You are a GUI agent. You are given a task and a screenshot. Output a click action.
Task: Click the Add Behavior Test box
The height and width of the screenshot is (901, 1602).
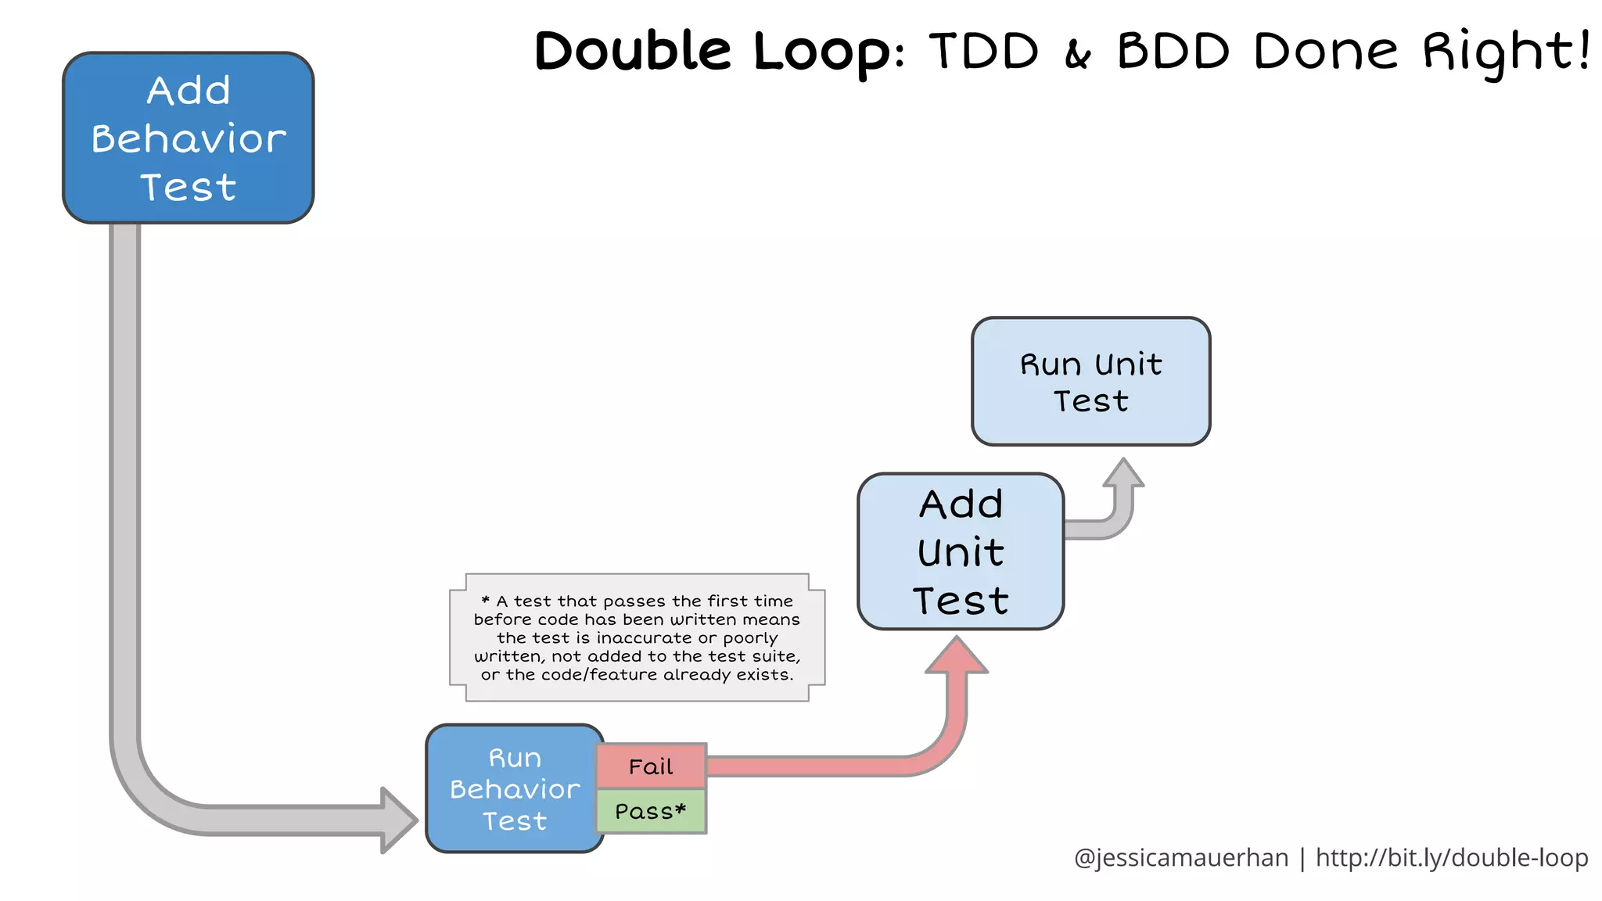(x=188, y=138)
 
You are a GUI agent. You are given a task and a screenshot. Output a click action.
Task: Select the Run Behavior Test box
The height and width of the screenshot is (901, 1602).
(x=514, y=788)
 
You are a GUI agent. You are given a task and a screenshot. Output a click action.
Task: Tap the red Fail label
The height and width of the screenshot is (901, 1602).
(x=651, y=766)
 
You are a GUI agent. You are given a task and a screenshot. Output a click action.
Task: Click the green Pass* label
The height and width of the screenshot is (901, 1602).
(x=651, y=811)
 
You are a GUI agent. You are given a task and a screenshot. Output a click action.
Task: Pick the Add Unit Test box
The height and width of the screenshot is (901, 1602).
(x=961, y=551)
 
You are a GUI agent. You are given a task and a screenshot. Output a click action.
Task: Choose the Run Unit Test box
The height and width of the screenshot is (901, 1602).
(x=1090, y=382)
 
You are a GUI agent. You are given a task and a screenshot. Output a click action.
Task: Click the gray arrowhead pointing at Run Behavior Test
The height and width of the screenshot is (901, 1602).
(x=399, y=820)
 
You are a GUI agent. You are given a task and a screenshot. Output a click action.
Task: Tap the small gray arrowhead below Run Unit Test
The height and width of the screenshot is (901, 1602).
(x=1124, y=473)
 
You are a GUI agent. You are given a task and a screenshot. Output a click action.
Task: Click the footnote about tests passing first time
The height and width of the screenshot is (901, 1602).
(x=637, y=637)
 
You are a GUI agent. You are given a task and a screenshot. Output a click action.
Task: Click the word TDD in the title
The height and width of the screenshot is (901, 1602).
(x=984, y=52)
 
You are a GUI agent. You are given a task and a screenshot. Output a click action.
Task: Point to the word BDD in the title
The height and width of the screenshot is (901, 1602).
(x=1173, y=52)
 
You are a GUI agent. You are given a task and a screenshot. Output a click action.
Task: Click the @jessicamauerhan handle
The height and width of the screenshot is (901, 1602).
(x=1181, y=858)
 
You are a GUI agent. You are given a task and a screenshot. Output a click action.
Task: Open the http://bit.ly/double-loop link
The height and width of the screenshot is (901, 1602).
(x=1452, y=858)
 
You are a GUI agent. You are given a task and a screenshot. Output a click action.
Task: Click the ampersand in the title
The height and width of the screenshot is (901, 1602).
(x=1078, y=55)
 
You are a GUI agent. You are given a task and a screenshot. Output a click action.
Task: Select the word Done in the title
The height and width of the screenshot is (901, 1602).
(x=1325, y=52)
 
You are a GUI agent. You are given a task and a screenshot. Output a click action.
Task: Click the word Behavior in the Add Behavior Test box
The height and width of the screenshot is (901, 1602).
(x=189, y=139)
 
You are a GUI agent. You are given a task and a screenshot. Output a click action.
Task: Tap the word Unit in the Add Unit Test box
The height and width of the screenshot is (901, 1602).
(x=961, y=552)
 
